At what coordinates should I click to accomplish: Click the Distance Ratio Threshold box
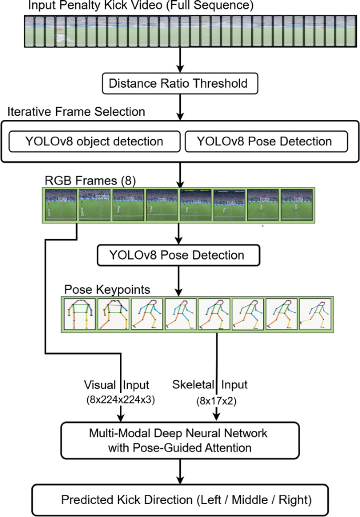pyautogui.click(x=180, y=83)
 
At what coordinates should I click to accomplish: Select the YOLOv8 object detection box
pyautogui.click(x=94, y=141)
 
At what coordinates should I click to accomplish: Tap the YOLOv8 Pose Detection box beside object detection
pyautogui.click(x=266, y=141)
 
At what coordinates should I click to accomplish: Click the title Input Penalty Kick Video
pyautogui.click(x=141, y=7)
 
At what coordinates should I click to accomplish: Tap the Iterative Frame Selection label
pyautogui.click(x=76, y=112)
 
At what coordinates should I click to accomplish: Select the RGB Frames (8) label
pyautogui.click(x=91, y=181)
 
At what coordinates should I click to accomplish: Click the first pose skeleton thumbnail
pyautogui.click(x=79, y=314)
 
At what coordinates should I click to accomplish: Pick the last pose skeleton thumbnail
pyautogui.click(x=314, y=314)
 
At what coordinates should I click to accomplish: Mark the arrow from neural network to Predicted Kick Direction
pyautogui.click(x=180, y=470)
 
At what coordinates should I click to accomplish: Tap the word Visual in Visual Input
pyautogui.click(x=96, y=385)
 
